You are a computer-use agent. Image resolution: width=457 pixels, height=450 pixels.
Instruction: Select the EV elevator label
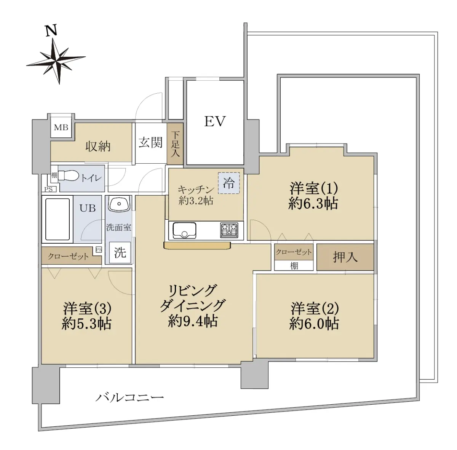click(215, 121)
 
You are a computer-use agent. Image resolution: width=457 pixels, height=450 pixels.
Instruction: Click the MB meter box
click(61, 128)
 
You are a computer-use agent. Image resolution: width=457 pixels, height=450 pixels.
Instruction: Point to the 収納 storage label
click(98, 147)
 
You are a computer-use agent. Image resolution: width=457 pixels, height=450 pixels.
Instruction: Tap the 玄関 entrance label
click(150, 143)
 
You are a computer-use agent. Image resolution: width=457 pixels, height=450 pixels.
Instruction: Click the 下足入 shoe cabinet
click(175, 144)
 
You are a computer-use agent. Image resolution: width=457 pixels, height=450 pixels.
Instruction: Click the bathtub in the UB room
click(58, 219)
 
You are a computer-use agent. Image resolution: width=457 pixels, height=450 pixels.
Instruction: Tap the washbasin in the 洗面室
click(119, 203)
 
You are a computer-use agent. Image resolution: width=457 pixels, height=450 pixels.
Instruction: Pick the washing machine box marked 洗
click(120, 253)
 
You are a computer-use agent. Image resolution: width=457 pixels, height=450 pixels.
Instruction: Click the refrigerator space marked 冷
click(229, 183)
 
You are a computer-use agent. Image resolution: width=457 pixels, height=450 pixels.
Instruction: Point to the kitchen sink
click(184, 230)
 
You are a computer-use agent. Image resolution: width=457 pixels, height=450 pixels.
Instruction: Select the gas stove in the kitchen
click(229, 230)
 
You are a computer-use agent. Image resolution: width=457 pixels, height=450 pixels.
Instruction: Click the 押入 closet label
click(345, 257)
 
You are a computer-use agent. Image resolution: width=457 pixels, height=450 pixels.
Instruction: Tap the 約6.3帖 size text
click(313, 204)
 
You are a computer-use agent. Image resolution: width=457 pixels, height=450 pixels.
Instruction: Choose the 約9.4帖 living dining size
click(193, 321)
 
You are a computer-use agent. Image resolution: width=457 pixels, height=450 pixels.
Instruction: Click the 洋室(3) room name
click(87, 309)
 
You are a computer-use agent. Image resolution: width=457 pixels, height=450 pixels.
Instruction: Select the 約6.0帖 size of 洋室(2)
click(314, 324)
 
